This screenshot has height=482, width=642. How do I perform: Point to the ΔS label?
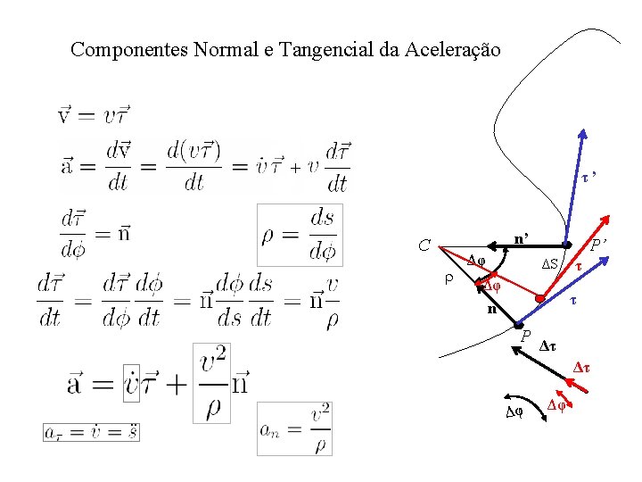point(551,264)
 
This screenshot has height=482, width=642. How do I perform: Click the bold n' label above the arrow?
point(523,238)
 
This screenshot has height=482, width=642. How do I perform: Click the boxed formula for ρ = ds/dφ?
point(299,235)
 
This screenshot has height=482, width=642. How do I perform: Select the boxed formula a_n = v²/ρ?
point(294,428)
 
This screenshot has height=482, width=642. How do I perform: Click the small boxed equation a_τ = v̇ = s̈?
point(91,431)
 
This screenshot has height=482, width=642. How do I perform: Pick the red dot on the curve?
point(538,298)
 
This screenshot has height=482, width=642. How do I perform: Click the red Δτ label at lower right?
point(582,367)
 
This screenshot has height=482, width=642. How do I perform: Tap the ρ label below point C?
point(449,278)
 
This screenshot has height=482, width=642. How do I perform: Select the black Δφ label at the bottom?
point(514,412)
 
